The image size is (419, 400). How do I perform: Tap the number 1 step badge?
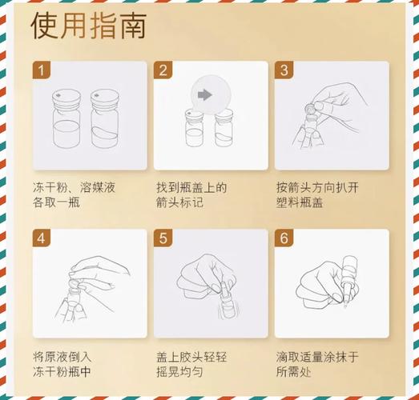(x=42, y=70)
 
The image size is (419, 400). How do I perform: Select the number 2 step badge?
(x=163, y=70)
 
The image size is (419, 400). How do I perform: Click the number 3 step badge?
(x=284, y=70)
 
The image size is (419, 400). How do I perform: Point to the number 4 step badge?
(x=42, y=238)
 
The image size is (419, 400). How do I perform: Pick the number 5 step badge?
(x=163, y=238)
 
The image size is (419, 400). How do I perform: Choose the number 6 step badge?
(x=284, y=238)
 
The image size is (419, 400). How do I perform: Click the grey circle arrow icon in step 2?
(x=204, y=95)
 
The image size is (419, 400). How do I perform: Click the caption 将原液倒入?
(x=62, y=356)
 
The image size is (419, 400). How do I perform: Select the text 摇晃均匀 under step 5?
(x=180, y=374)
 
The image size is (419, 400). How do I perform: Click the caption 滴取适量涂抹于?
(x=318, y=356)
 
